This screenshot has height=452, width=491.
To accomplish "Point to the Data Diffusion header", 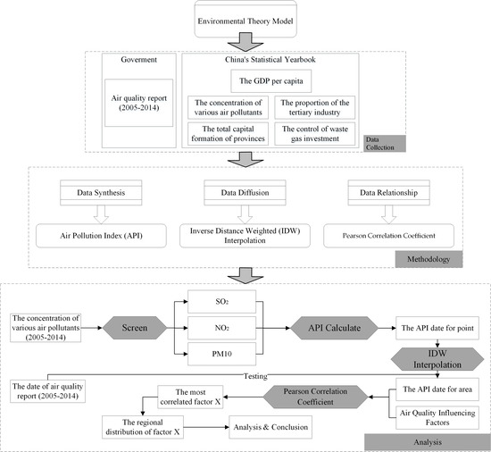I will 246,190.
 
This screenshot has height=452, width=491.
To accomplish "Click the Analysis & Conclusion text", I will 273,427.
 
